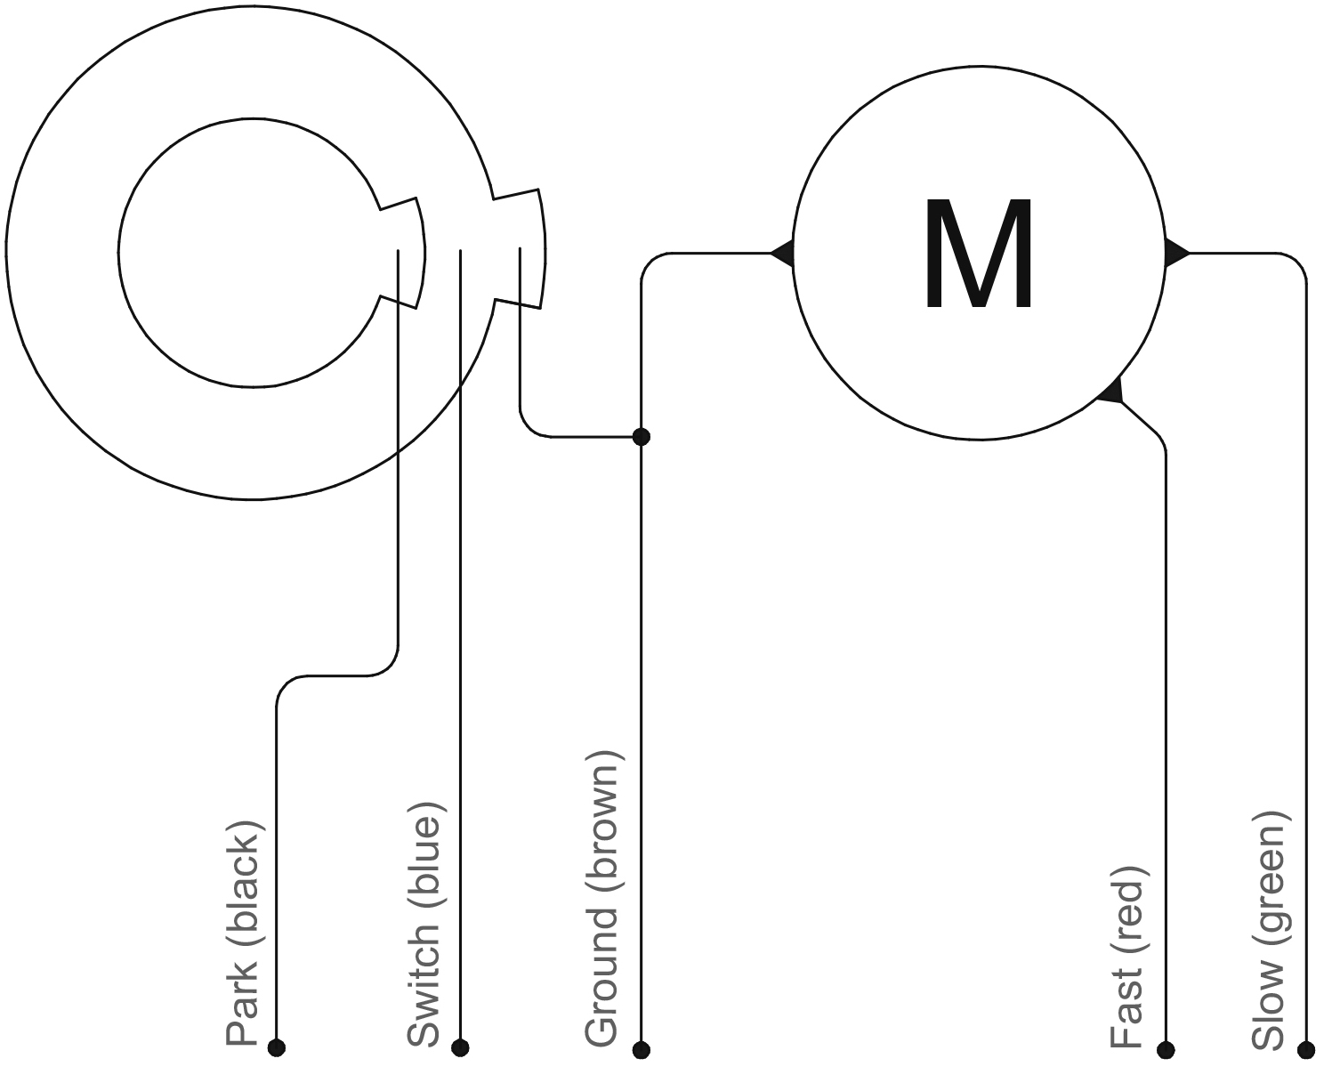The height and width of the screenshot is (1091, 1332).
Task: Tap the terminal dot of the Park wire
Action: [x=277, y=1047]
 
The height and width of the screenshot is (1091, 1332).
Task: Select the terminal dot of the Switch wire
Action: [x=460, y=1047]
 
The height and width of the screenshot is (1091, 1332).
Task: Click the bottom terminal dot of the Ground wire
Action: [x=642, y=1050]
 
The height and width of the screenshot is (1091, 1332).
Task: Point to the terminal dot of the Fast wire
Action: [x=1166, y=1050]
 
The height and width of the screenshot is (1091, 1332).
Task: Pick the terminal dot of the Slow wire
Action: [x=1306, y=1050]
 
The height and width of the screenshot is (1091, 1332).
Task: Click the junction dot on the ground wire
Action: [x=641, y=436]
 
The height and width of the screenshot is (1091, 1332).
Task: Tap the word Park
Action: [x=242, y=1005]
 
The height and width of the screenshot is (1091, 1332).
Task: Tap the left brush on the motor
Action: [x=784, y=253]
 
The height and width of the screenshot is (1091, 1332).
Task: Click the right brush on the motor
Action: [x=1175, y=253]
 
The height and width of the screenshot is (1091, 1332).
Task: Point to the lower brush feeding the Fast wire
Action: [x=1112, y=392]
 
